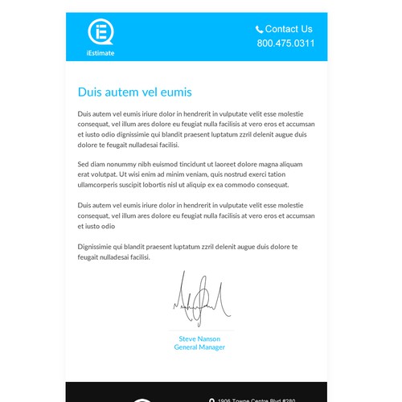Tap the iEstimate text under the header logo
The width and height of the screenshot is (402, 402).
[x=100, y=52]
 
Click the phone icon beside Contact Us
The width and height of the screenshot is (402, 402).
[x=259, y=29]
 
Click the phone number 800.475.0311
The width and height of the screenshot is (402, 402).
[x=285, y=43]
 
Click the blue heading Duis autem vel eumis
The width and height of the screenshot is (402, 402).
[x=134, y=92]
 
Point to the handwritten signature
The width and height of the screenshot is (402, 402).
[x=201, y=300]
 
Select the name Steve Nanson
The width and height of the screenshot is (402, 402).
[x=199, y=338]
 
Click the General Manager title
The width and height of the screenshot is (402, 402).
[x=199, y=347]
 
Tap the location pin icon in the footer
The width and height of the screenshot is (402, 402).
[x=211, y=399]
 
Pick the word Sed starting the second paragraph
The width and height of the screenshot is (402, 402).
[x=84, y=164]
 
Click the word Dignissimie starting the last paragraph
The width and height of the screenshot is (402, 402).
[x=97, y=246]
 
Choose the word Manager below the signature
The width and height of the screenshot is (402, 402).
[x=211, y=347]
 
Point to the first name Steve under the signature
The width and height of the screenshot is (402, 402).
[x=187, y=338]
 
